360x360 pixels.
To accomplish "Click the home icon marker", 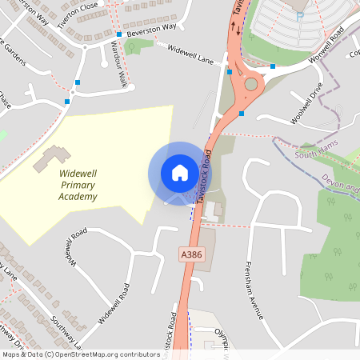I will point(180,172).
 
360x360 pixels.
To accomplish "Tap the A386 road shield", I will point(190,254).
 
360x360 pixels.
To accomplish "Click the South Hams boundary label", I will point(314,154).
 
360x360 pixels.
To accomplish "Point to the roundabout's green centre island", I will point(252,84).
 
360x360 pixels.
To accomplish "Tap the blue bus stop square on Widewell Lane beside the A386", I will point(230,72).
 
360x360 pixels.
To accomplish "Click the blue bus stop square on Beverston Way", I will point(118,35).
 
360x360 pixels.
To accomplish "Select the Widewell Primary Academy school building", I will point(50,157).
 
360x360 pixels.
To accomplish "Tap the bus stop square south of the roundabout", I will point(242,114).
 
